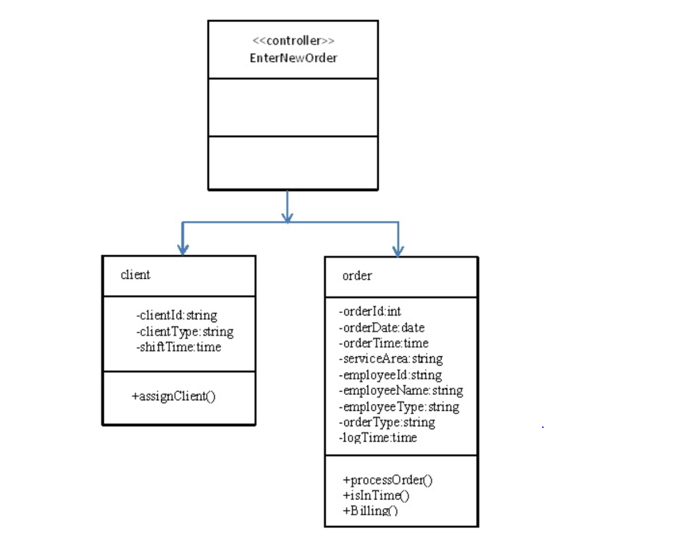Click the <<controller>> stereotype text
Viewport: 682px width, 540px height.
coord(293,41)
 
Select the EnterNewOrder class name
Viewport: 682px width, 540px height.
coord(293,58)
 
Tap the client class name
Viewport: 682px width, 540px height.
coord(135,275)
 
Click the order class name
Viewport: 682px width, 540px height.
coord(357,276)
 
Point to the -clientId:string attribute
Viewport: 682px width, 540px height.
coord(176,316)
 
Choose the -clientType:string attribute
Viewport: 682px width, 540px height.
coord(184,332)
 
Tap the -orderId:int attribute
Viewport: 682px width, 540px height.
coord(370,311)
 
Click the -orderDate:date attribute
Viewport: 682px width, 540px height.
coord(382,327)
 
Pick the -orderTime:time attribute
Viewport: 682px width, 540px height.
coord(384,343)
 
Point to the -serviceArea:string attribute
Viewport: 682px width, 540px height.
coord(390,359)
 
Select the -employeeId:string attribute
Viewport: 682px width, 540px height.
coord(390,375)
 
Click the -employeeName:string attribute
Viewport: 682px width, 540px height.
coord(401,391)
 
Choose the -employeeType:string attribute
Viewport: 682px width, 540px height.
coord(399,407)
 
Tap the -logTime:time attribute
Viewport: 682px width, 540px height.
coord(378,438)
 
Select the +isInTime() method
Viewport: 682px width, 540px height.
coord(376,495)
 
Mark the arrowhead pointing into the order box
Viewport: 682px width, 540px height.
coord(398,250)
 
